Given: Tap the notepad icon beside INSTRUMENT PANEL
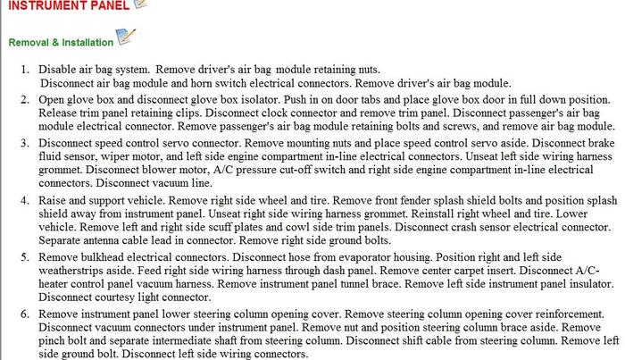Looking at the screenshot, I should (139, 4).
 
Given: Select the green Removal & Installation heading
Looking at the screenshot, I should (60, 42).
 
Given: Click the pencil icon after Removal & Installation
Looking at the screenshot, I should (126, 38).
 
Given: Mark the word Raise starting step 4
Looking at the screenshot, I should (54, 202).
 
